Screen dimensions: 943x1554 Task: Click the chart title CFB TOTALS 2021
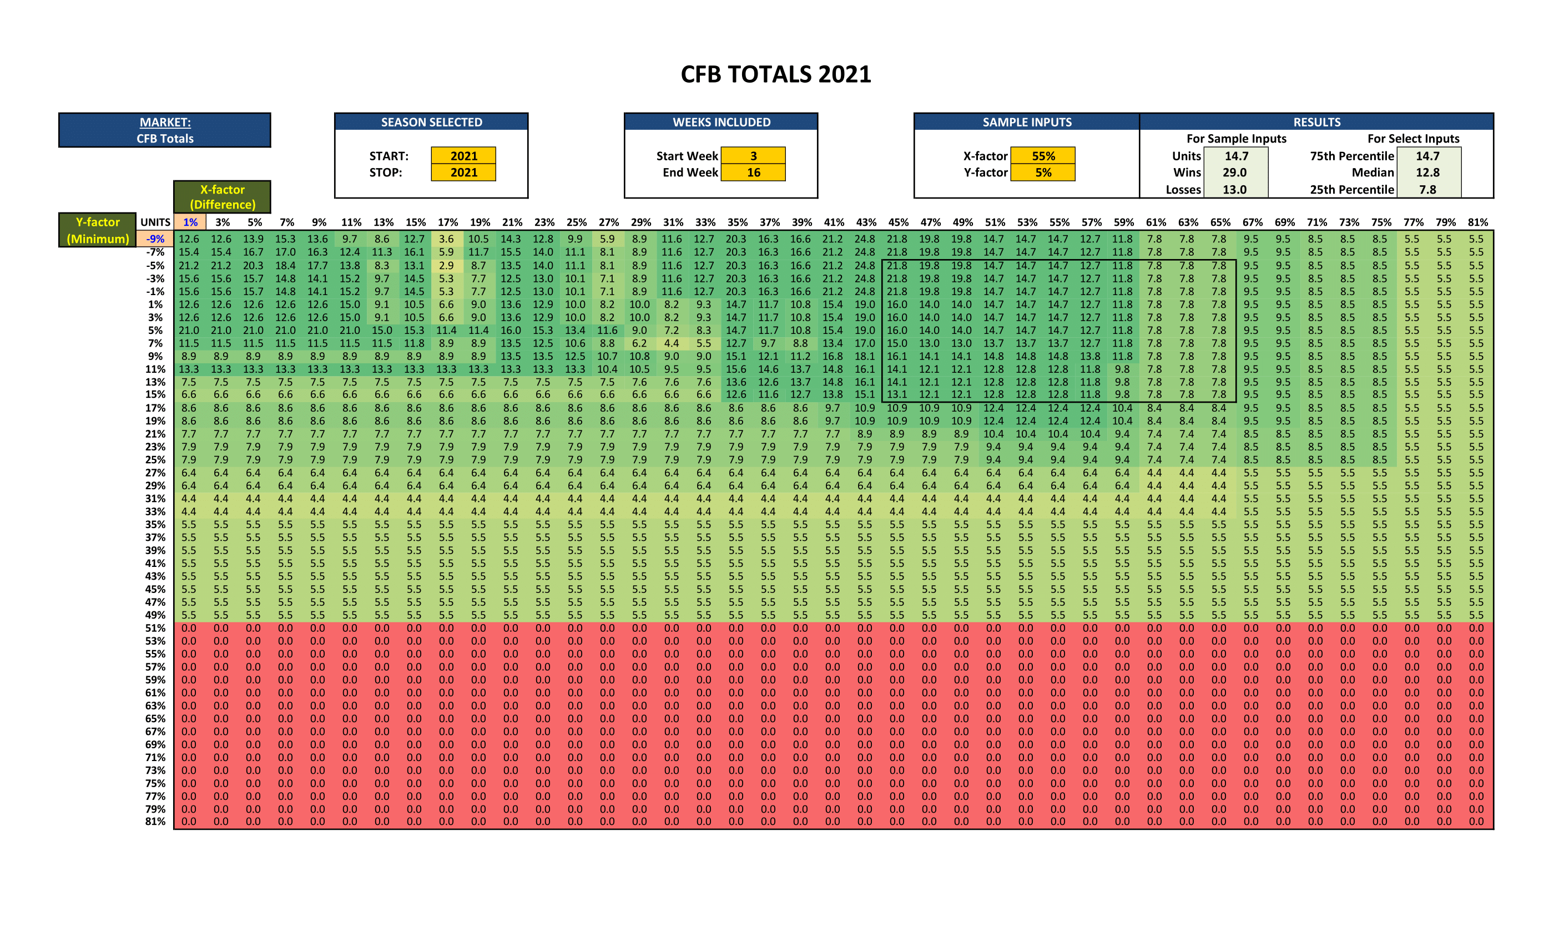(776, 74)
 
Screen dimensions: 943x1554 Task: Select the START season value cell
(463, 156)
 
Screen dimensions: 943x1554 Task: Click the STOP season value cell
(463, 172)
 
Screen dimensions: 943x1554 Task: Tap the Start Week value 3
(753, 156)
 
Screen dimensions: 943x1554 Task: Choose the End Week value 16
(753, 172)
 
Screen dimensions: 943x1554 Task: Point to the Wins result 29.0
(1234, 172)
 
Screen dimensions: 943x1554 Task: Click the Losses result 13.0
(1234, 189)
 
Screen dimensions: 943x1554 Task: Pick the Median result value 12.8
(1427, 172)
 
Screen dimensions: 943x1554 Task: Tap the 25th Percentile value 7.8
(1427, 189)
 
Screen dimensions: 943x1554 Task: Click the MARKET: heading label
(165, 122)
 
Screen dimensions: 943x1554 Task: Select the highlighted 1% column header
(190, 222)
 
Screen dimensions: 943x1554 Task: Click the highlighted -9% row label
(155, 239)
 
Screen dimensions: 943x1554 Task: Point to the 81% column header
(1477, 222)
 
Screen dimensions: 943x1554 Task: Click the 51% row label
(155, 628)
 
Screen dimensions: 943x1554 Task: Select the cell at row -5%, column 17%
(447, 265)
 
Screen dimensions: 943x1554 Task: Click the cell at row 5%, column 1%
(189, 330)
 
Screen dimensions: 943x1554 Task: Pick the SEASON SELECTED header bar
(431, 121)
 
